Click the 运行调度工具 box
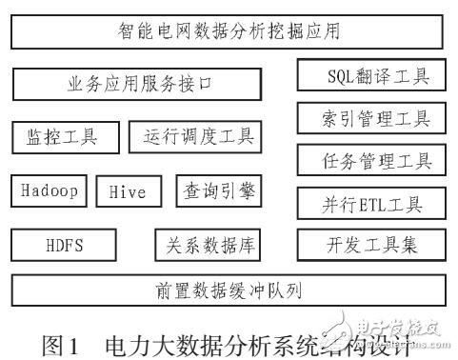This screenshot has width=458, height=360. click(194, 137)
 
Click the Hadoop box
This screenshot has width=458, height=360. click(49, 190)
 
